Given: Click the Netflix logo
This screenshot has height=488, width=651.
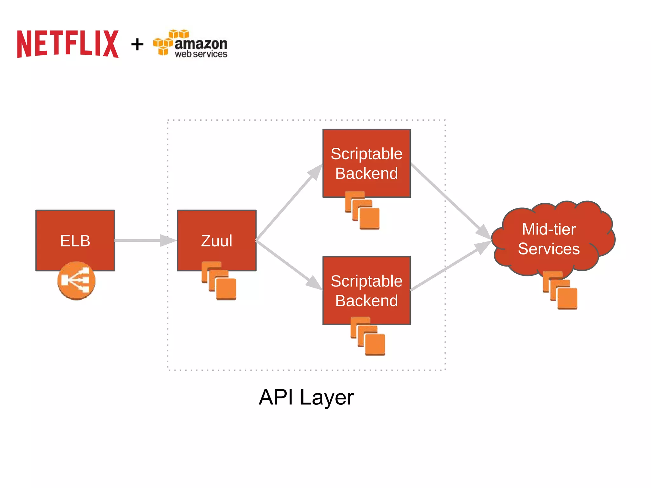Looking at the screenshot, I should [x=68, y=44].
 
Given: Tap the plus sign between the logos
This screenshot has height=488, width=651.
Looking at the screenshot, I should [x=137, y=44].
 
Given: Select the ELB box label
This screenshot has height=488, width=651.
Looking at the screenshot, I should [x=75, y=241].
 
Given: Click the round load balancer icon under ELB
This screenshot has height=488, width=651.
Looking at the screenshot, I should [x=76, y=281].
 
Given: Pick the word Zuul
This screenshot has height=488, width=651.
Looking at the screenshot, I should [x=216, y=241].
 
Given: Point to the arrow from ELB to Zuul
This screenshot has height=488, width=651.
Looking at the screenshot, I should [x=140, y=241].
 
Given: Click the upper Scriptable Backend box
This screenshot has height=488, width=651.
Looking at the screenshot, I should [x=367, y=163].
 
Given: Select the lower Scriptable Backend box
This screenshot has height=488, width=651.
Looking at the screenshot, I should [x=367, y=290].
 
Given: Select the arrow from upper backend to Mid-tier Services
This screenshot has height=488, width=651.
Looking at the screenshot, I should [x=448, y=199].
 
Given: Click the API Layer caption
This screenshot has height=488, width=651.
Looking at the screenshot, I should [x=306, y=397].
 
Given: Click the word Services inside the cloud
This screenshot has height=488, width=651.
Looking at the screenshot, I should [x=549, y=249].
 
